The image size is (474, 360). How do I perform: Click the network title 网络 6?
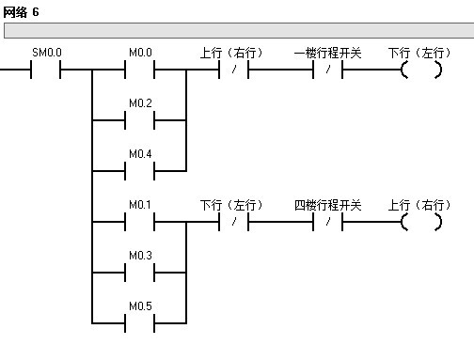point(21,10)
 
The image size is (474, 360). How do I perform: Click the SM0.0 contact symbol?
point(46,70)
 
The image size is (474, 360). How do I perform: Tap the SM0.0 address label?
point(46,54)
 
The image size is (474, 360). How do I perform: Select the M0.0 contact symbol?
point(140,70)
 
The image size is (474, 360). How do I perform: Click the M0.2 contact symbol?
point(140,120)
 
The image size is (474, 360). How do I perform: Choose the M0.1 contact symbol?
point(140,222)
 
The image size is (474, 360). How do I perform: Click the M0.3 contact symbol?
point(140,272)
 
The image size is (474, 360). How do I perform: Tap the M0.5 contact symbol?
point(140,321)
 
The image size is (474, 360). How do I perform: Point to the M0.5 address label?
point(140,305)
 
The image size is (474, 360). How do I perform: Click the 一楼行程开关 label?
point(327,54)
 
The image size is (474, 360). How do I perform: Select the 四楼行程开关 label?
point(327,205)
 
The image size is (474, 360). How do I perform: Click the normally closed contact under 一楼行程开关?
point(327,70)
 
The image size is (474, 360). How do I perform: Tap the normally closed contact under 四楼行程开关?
point(327,222)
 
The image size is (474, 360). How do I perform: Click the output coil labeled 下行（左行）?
point(420,70)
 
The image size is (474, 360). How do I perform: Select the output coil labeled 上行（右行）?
point(420,222)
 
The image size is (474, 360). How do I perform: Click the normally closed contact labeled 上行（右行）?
point(232,70)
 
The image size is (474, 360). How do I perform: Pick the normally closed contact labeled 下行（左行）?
point(232,222)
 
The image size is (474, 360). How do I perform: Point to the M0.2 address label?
point(140,103)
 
